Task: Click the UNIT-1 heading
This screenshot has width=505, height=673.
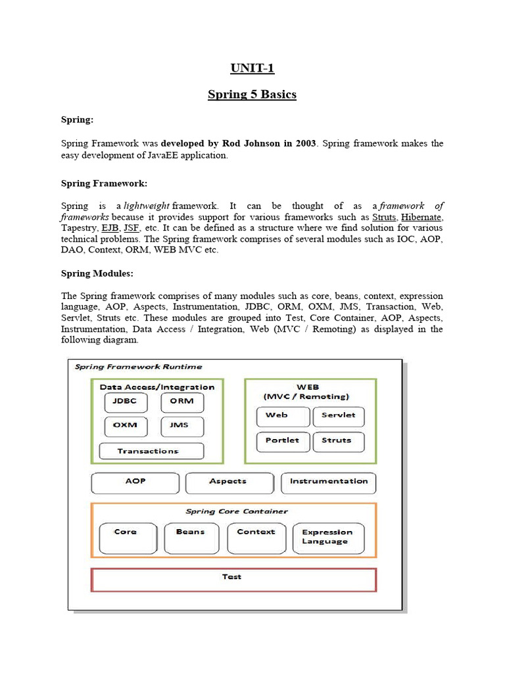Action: click(x=252, y=68)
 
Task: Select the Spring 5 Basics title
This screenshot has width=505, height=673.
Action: click(x=252, y=94)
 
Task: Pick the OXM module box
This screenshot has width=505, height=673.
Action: click(x=125, y=426)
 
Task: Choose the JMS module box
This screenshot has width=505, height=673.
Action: click(x=182, y=426)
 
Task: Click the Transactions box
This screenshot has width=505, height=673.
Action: click(x=151, y=452)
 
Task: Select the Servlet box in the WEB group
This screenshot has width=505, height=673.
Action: click(x=339, y=416)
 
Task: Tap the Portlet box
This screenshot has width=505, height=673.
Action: click(x=282, y=441)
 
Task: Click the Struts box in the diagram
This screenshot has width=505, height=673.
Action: click(x=339, y=441)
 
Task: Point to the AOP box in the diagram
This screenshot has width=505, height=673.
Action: click(x=135, y=482)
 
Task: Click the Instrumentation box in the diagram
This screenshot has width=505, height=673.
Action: click(x=329, y=482)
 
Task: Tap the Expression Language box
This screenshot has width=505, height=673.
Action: click(x=327, y=538)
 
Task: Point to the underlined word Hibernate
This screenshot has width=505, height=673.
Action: click(x=421, y=217)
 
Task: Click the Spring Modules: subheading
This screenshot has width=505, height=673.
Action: click(x=98, y=273)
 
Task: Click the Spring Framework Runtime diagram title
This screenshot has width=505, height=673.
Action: click(x=138, y=367)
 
